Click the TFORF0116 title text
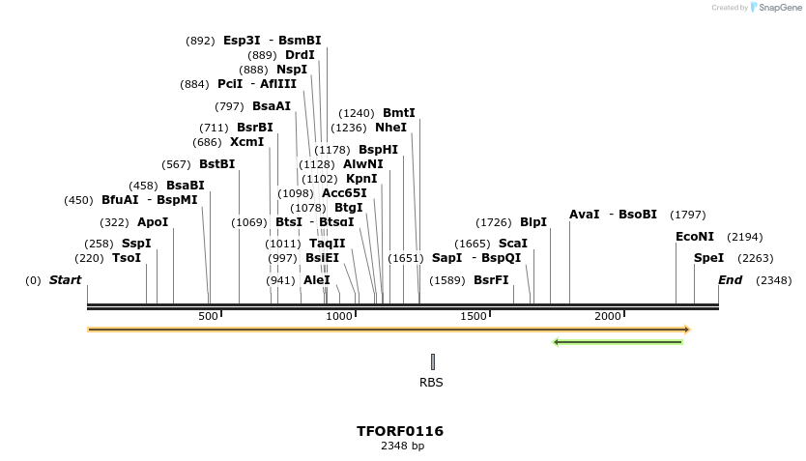pos(400,431)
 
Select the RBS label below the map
pos(431,382)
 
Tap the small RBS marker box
pos(433,361)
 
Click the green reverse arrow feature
pos(618,341)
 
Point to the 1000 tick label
pos(339,317)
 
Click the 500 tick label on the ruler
pos(208,317)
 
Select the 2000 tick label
pos(607,317)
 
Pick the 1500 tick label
pos(473,317)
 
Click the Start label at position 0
pos(65,280)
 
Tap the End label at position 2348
pos(730,280)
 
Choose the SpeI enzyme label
pos(708,258)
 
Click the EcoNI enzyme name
pos(695,237)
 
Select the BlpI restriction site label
pos(533,222)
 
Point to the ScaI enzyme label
pos(512,244)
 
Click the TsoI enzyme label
pos(127,258)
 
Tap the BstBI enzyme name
pos(216,164)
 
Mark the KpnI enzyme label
pos(361,179)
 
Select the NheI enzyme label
pos(390,128)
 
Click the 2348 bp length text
pos(402,447)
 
